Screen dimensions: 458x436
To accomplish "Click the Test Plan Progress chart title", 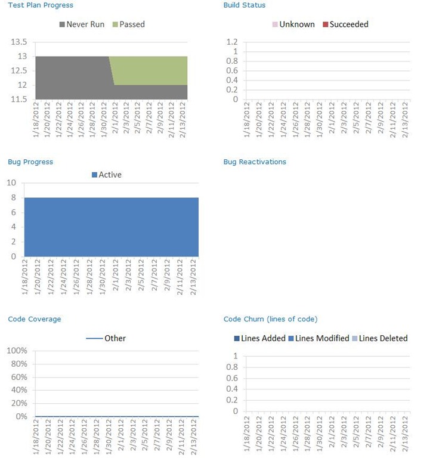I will pyautogui.click(x=41, y=5).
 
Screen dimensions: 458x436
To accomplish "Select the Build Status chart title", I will pyautogui.click(x=245, y=5).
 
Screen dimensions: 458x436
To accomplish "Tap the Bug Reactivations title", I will pyautogui.click(x=255, y=162).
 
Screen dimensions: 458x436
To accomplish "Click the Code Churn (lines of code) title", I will pyautogui.click(x=270, y=319).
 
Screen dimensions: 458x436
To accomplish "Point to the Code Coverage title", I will pyautogui.click(x=35, y=319).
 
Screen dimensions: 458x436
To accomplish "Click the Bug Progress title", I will pyautogui.click(x=30, y=162).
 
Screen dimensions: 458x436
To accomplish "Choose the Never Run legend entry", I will pyautogui.click(x=81, y=24).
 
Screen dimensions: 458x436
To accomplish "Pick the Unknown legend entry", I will pyautogui.click(x=296, y=24).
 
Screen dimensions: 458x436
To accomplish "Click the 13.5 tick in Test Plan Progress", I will pyautogui.click(x=19, y=42).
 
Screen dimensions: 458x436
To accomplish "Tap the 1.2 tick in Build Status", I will pyautogui.click(x=232, y=42).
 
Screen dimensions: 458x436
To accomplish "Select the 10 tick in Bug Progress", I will pyautogui.click(x=11, y=183).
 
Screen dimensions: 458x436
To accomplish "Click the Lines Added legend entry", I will pyautogui.click(x=261, y=338).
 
